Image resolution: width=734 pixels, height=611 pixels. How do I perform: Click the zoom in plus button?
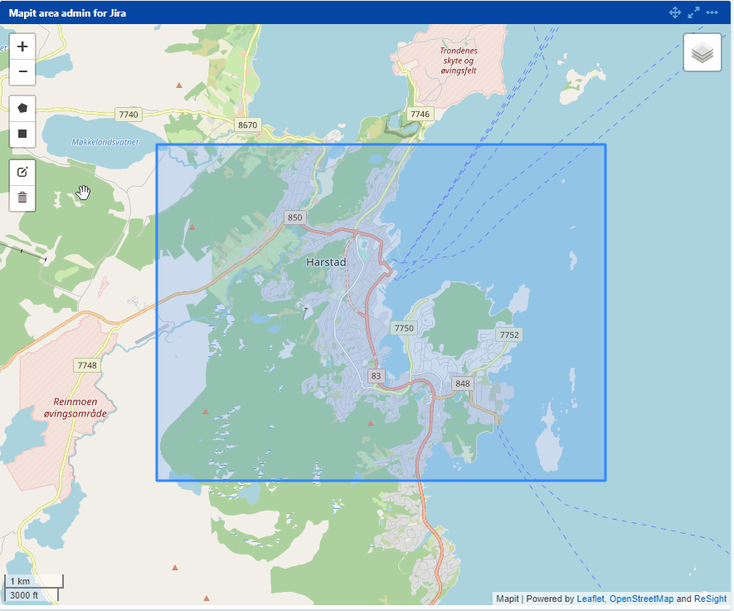pyautogui.click(x=22, y=46)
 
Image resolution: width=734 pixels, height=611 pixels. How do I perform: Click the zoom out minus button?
pyautogui.click(x=22, y=72)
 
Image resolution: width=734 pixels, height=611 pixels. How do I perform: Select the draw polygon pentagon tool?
pyautogui.click(x=22, y=108)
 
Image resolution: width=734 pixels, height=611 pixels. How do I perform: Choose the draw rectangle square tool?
pyautogui.click(x=22, y=134)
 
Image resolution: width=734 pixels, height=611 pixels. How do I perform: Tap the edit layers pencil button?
pyautogui.click(x=22, y=172)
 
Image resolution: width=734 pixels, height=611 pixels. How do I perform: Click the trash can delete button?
pyautogui.click(x=22, y=198)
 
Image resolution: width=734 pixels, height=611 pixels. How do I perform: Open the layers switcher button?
pyautogui.click(x=702, y=52)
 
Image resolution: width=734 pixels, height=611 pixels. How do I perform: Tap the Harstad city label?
pyautogui.click(x=325, y=262)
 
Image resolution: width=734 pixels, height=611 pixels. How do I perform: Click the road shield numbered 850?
pyautogui.click(x=294, y=218)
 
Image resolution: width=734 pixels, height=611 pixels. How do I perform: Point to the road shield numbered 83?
pyautogui.click(x=377, y=376)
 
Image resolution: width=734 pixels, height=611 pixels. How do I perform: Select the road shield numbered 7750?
pyautogui.click(x=403, y=329)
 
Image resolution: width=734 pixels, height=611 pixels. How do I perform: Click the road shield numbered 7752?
pyautogui.click(x=508, y=335)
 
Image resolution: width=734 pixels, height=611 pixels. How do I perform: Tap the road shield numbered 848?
pyautogui.click(x=462, y=384)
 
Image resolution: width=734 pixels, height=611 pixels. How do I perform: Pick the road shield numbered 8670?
pyautogui.click(x=247, y=125)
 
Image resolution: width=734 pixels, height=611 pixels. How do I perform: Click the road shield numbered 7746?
pyautogui.click(x=420, y=114)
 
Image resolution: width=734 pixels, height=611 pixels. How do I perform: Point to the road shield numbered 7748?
pyautogui.click(x=86, y=365)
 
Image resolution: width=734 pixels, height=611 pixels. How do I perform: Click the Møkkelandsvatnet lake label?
pyautogui.click(x=105, y=142)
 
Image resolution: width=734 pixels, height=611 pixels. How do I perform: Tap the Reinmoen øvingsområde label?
pyautogui.click(x=70, y=407)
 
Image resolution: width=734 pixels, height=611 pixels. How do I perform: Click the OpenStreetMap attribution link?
pyautogui.click(x=641, y=599)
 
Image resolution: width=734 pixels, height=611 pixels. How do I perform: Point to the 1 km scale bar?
pyautogui.click(x=34, y=581)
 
